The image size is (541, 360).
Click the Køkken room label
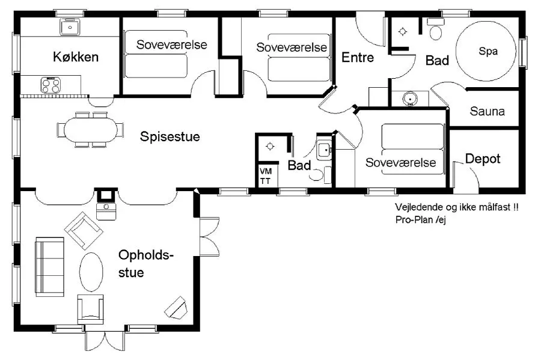[x=76, y=57]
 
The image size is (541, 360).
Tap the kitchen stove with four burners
[x=50, y=85]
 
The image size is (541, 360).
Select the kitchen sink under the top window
[x=70, y=27]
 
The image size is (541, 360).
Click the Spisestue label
[x=170, y=136]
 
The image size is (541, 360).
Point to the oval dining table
[x=90, y=130]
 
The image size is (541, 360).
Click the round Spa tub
[x=486, y=51]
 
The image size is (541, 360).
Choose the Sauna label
[x=487, y=111]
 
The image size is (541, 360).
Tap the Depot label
[x=483, y=159]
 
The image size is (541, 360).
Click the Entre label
[x=358, y=57]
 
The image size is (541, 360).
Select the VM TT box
[x=266, y=176]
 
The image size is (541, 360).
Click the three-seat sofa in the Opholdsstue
[x=49, y=267]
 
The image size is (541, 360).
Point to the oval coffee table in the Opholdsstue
[x=91, y=272]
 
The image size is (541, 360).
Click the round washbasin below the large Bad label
[x=410, y=99]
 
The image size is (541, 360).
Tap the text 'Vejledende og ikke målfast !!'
[x=456, y=207]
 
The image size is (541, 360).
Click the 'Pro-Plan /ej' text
[x=421, y=219]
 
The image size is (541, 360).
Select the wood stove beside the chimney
[x=106, y=211]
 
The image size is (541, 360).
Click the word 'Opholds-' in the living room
[x=145, y=255]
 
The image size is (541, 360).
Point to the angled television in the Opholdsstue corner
[x=176, y=307]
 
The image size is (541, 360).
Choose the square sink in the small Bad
[x=323, y=150]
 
